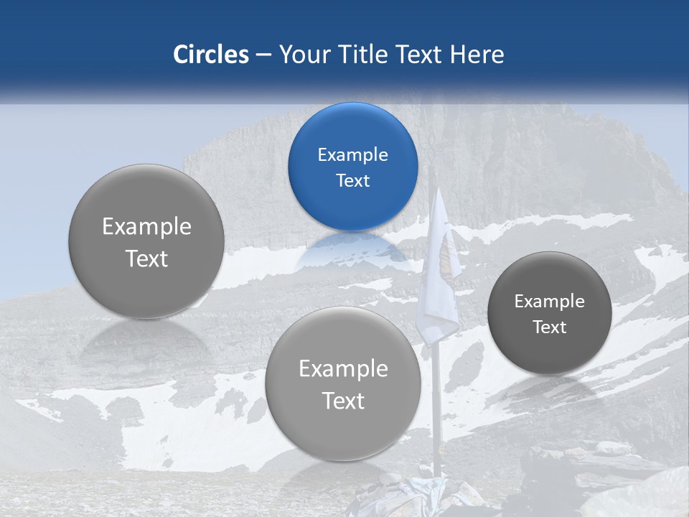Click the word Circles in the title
pyautogui.click(x=211, y=55)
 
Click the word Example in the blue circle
pyautogui.click(x=352, y=155)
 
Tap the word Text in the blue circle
pyautogui.click(x=352, y=181)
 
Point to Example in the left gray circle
pyautogui.click(x=146, y=227)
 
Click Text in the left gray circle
pyautogui.click(x=146, y=258)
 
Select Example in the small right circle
pyautogui.click(x=550, y=302)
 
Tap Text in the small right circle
pyautogui.click(x=550, y=327)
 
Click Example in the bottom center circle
pyautogui.click(x=343, y=369)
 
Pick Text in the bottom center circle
pyautogui.click(x=343, y=401)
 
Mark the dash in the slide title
pyautogui.click(x=263, y=55)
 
